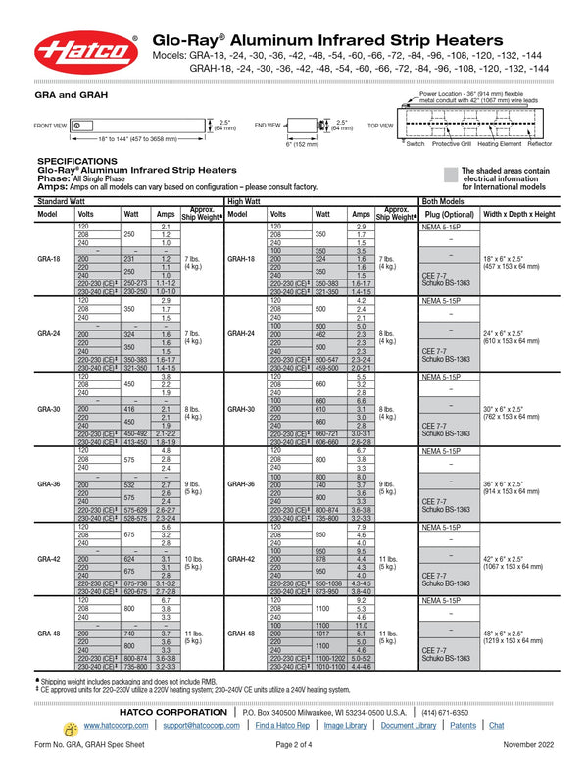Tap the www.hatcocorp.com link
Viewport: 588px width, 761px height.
115,725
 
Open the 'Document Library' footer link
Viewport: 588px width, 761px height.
409,725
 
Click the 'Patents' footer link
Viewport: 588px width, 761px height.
464,725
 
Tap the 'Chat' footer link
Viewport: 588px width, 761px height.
497,725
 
